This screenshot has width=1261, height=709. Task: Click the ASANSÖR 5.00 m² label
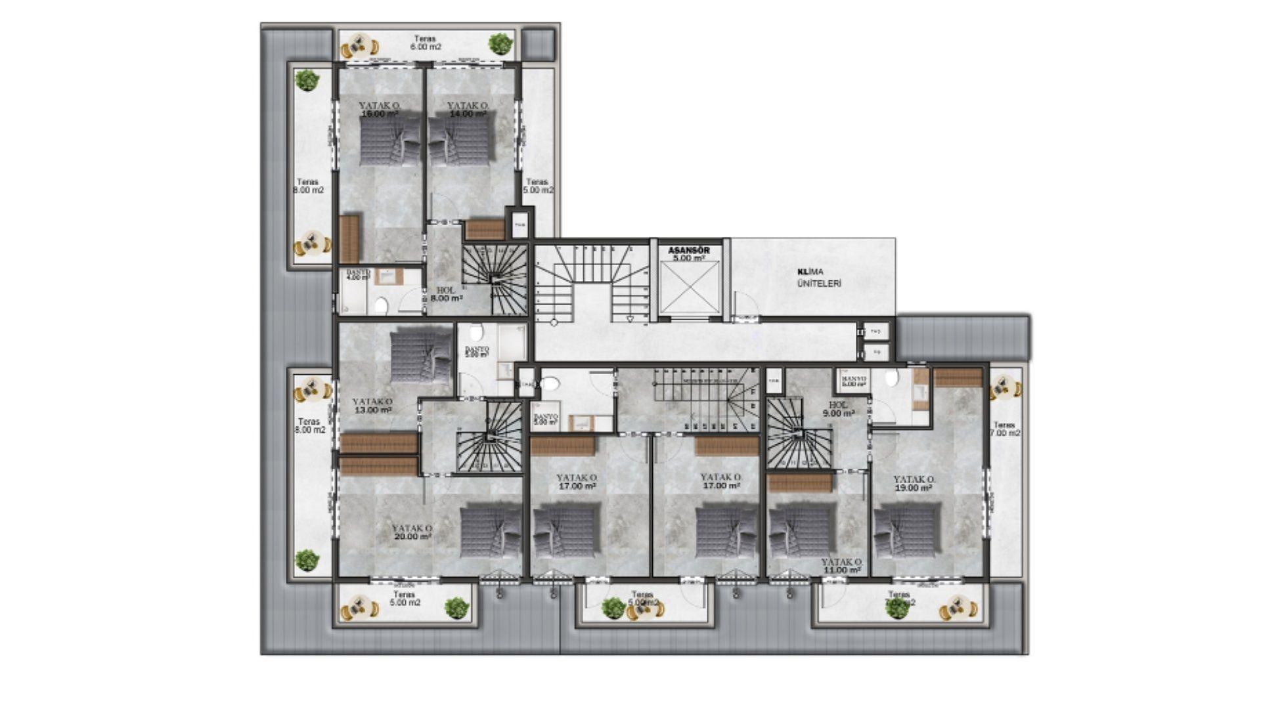tap(689, 254)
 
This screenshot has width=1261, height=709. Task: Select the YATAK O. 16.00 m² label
tap(380, 110)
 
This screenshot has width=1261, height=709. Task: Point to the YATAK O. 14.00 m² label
tap(468, 110)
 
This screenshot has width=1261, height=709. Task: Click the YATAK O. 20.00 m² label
tap(412, 532)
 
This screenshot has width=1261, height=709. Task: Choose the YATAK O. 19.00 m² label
tap(914, 484)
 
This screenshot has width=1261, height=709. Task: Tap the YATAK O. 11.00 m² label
tap(841, 567)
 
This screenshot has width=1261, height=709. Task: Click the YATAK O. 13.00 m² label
tap(372, 406)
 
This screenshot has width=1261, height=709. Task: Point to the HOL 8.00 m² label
tap(446, 293)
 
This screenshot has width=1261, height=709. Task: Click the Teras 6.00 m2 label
tap(425, 43)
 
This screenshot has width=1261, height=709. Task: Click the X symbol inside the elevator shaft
tap(689, 289)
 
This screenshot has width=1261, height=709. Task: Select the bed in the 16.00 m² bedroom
tap(389, 140)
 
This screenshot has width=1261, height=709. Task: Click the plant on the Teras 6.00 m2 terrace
tap(500, 43)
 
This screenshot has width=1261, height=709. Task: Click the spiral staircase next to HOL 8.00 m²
tap(495, 278)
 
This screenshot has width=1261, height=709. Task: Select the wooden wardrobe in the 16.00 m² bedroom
tap(349, 238)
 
